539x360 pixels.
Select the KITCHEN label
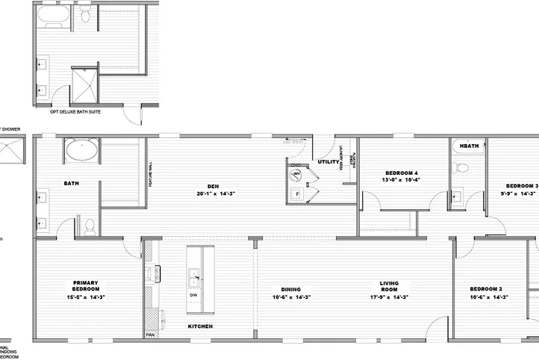199,326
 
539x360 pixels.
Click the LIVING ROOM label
389,286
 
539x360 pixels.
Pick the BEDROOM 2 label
485,289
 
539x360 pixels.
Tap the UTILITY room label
328,161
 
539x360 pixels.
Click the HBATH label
469,145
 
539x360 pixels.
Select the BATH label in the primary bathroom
72,183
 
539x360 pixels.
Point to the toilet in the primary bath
89,224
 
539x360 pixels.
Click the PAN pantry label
150,335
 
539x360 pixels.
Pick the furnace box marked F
296,193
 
